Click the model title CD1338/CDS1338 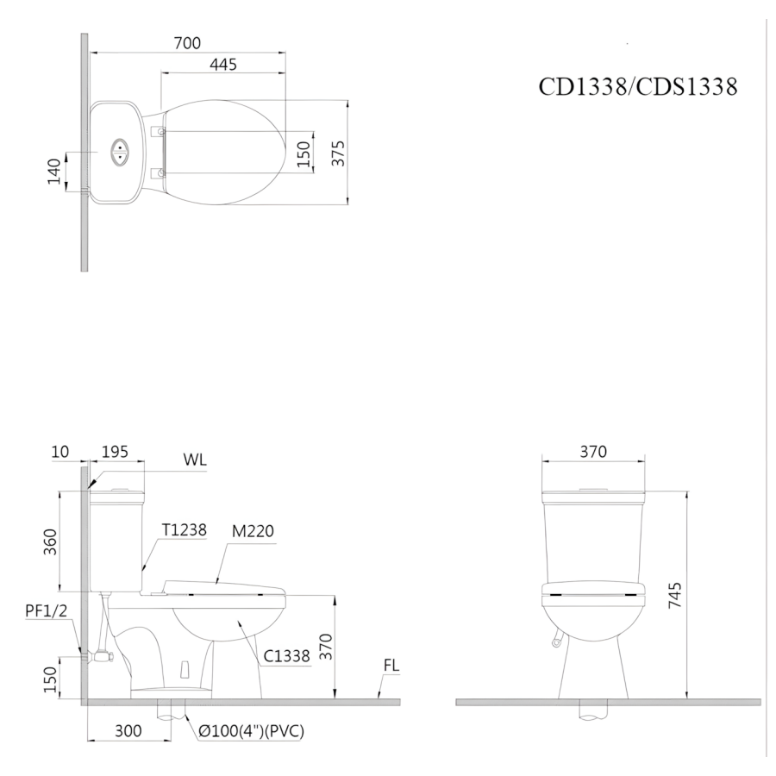click(637, 86)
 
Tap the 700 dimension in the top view click(187, 43)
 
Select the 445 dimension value click(223, 65)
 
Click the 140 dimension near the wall click(54, 172)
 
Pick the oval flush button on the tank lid click(119, 152)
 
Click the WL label click(195, 460)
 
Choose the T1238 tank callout click(185, 530)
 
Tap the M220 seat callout click(253, 531)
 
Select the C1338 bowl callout click(286, 656)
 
